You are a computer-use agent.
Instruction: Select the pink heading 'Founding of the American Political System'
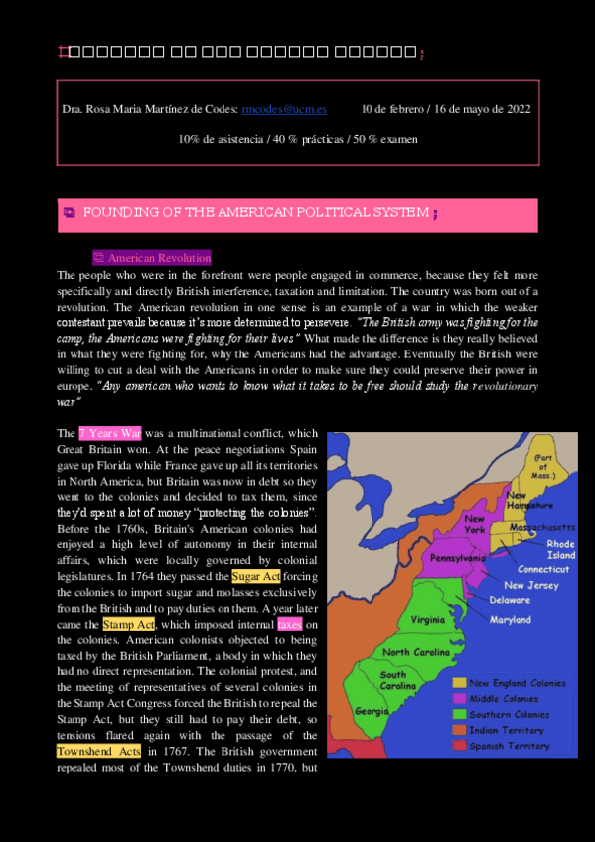255,213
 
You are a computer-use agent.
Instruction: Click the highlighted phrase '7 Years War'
109,433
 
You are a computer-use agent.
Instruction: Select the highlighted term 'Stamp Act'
129,624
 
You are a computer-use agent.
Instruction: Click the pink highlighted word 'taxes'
289,624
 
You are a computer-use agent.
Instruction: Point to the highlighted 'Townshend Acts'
98,751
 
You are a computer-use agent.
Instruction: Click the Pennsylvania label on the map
456,558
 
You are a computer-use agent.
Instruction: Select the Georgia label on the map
371,711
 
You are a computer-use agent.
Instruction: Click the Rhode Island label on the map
560,549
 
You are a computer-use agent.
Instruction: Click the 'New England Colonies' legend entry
518,682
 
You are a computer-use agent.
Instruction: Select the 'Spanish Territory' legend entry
510,745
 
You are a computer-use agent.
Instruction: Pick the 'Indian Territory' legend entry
507,729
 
